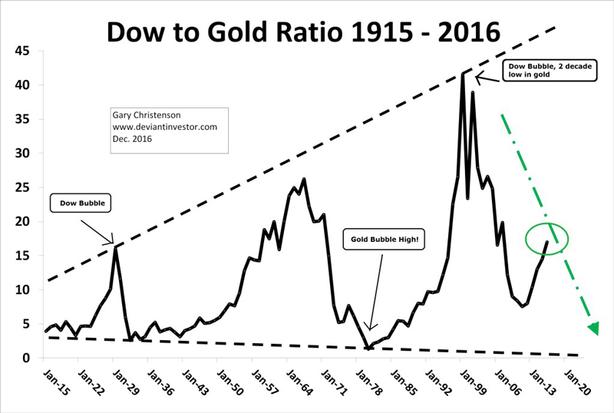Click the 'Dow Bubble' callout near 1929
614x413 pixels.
(78, 205)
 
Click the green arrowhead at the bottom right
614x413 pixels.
(593, 329)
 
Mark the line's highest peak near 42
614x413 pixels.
(462, 74)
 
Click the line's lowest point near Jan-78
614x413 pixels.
(369, 349)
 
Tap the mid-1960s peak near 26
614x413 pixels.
(305, 180)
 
